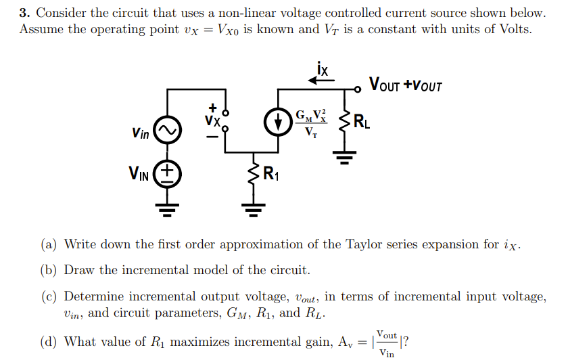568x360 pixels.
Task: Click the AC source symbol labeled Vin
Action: tap(167, 131)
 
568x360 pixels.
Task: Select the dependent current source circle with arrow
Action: tap(277, 122)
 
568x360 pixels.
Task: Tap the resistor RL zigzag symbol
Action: tap(346, 125)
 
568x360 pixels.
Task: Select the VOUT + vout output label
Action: tap(405, 85)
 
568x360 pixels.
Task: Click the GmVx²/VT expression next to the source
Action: tap(310, 122)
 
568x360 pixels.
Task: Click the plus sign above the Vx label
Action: tap(213, 106)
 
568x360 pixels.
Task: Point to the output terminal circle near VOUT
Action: tap(360, 88)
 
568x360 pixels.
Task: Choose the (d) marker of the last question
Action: tap(49, 342)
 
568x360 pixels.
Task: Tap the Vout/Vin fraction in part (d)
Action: tap(387, 342)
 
